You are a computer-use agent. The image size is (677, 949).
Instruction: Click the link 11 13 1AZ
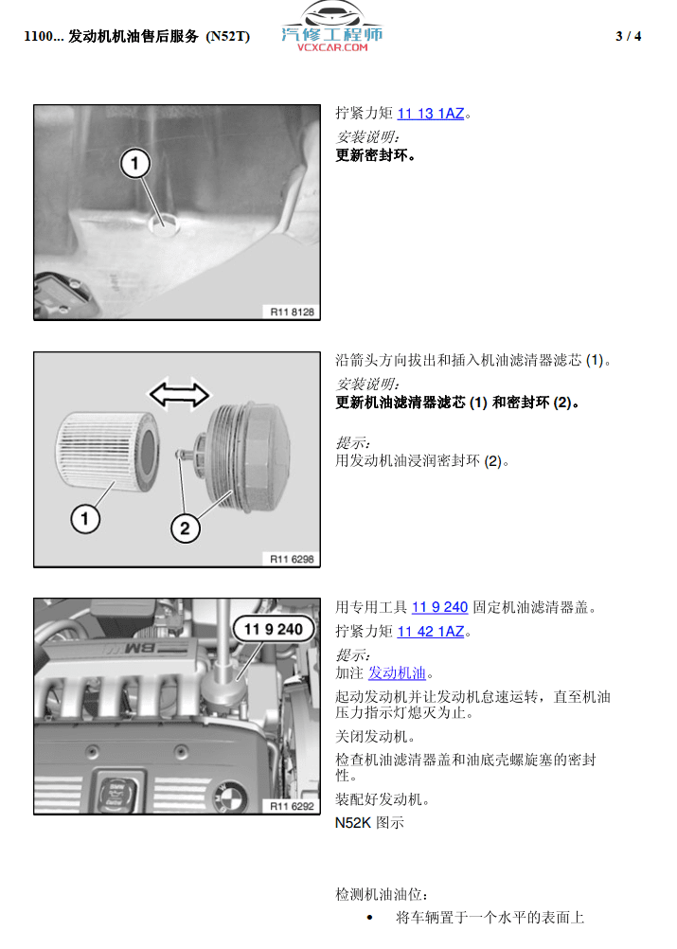[x=431, y=114]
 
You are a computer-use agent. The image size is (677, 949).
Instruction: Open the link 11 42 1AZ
[x=431, y=632]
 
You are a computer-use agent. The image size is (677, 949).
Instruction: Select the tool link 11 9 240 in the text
[x=440, y=607]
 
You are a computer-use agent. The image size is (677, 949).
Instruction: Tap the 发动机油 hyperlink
[x=397, y=673]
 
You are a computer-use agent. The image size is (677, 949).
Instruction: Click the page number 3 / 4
[x=628, y=36]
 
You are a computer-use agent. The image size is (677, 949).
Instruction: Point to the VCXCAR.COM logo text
[x=332, y=47]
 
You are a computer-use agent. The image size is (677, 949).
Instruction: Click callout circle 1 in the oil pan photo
[x=134, y=163]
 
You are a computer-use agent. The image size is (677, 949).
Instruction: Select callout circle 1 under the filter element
[x=84, y=519]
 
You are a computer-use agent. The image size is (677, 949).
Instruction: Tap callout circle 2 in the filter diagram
[x=186, y=528]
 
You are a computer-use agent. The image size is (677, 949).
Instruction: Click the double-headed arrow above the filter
[x=179, y=395]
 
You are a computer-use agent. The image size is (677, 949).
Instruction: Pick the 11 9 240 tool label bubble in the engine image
[x=274, y=630]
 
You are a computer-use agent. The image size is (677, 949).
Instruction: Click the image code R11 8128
[x=292, y=312]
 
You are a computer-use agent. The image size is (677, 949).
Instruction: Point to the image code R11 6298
[x=292, y=559]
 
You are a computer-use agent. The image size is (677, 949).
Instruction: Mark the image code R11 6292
[x=292, y=806]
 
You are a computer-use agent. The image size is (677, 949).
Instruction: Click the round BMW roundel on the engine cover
[x=230, y=797]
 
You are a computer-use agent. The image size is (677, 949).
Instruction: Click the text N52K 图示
[x=369, y=823]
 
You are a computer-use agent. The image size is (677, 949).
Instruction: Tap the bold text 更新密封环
[x=375, y=155]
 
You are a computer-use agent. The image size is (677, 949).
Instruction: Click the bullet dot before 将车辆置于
[x=369, y=918]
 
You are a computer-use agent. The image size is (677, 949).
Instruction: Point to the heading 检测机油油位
[x=382, y=894]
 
